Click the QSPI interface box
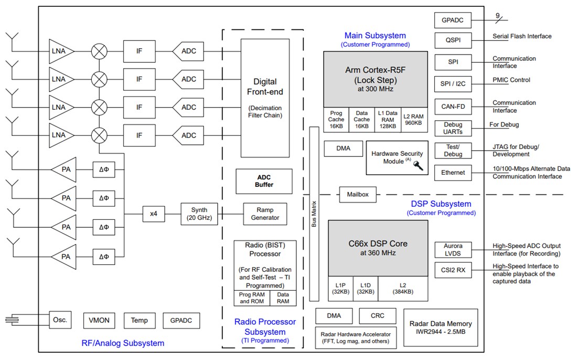(x=453, y=40)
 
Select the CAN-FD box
(x=453, y=107)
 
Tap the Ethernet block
(x=453, y=172)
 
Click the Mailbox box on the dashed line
(x=358, y=194)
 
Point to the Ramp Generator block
(x=265, y=214)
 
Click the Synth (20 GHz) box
(x=198, y=214)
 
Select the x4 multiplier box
(x=154, y=214)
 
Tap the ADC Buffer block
(x=264, y=181)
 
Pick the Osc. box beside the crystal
(x=60, y=320)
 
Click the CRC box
(x=377, y=315)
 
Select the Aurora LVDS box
(x=453, y=250)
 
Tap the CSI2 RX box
(x=453, y=271)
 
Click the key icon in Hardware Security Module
(x=418, y=166)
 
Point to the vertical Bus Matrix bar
(x=314, y=214)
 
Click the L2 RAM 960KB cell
(x=413, y=120)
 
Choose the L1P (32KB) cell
(x=340, y=289)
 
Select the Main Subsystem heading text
(x=375, y=36)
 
